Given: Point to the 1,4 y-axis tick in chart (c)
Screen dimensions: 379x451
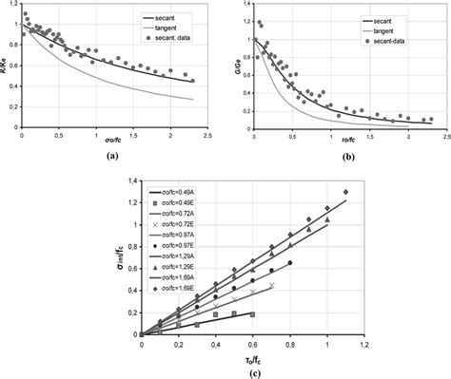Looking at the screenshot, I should pos(132,179).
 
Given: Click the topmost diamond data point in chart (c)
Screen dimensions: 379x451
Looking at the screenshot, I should pos(345,192).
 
